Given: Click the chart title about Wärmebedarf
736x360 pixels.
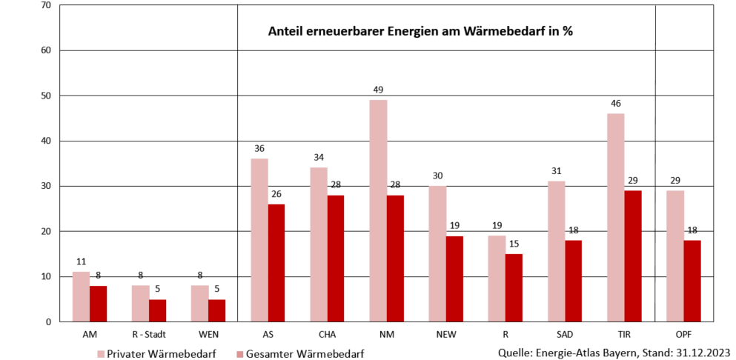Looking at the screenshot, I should point(420,33).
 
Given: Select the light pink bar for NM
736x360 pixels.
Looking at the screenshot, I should point(378,210).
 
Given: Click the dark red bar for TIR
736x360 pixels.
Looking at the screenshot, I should point(632,256).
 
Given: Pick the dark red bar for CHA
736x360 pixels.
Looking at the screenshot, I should point(335,258).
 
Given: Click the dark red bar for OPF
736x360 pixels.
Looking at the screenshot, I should point(692,281).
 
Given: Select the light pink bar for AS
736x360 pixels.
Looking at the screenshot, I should point(259,240).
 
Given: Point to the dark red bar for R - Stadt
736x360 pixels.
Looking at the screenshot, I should point(157,310).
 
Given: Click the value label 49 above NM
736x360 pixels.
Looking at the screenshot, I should point(378,90).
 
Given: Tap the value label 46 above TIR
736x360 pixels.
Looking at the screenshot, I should point(615,104).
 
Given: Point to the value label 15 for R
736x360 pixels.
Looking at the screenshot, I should point(514,244).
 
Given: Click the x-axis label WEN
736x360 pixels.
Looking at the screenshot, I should point(208,334).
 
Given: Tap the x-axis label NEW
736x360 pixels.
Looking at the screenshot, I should point(445,334).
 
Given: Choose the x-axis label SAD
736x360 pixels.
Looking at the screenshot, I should point(564,334).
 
